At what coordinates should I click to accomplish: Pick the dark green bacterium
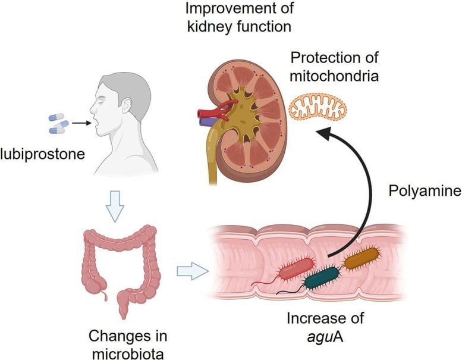(x=322, y=278)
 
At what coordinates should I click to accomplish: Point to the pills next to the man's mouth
(x=58, y=123)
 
